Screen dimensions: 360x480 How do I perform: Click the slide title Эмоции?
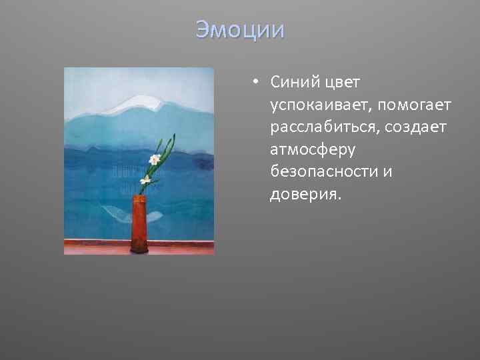pyautogui.click(x=240, y=29)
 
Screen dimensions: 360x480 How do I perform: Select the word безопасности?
pyautogui.click(x=324, y=171)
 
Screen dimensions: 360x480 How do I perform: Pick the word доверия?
pyautogui.click(x=304, y=194)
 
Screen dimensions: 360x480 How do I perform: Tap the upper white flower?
pyautogui.click(x=155, y=159)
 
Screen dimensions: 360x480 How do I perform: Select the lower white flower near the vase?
pyautogui.click(x=145, y=179)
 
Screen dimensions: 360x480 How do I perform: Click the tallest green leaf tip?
pyautogui.click(x=174, y=136)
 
